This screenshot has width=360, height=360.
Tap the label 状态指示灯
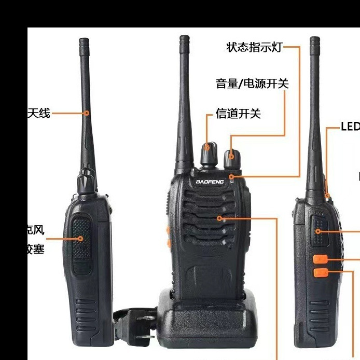[254, 47]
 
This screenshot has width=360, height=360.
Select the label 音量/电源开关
[252, 83]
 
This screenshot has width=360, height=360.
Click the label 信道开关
[239, 114]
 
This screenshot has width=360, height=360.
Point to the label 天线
[39, 113]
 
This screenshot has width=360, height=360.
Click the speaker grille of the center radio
[207, 218]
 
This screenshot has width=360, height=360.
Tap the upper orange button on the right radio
[320, 258]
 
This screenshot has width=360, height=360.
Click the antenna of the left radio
[85, 104]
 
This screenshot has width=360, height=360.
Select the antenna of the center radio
[184, 104]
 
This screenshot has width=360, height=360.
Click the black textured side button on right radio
[318, 232]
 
